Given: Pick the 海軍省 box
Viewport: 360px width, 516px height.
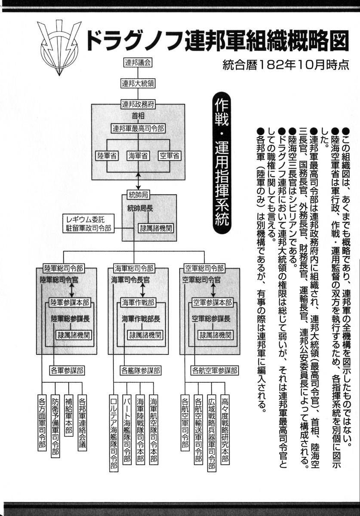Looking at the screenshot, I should point(138,155).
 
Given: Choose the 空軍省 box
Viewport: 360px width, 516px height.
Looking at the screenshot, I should point(168,155).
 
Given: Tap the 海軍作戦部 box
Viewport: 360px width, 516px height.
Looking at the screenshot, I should point(138,302).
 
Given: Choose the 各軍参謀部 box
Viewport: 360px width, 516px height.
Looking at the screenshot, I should point(67,370).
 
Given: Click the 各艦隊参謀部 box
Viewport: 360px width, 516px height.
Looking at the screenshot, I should point(141,370).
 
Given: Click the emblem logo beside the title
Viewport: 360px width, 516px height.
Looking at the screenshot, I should point(59,46).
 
